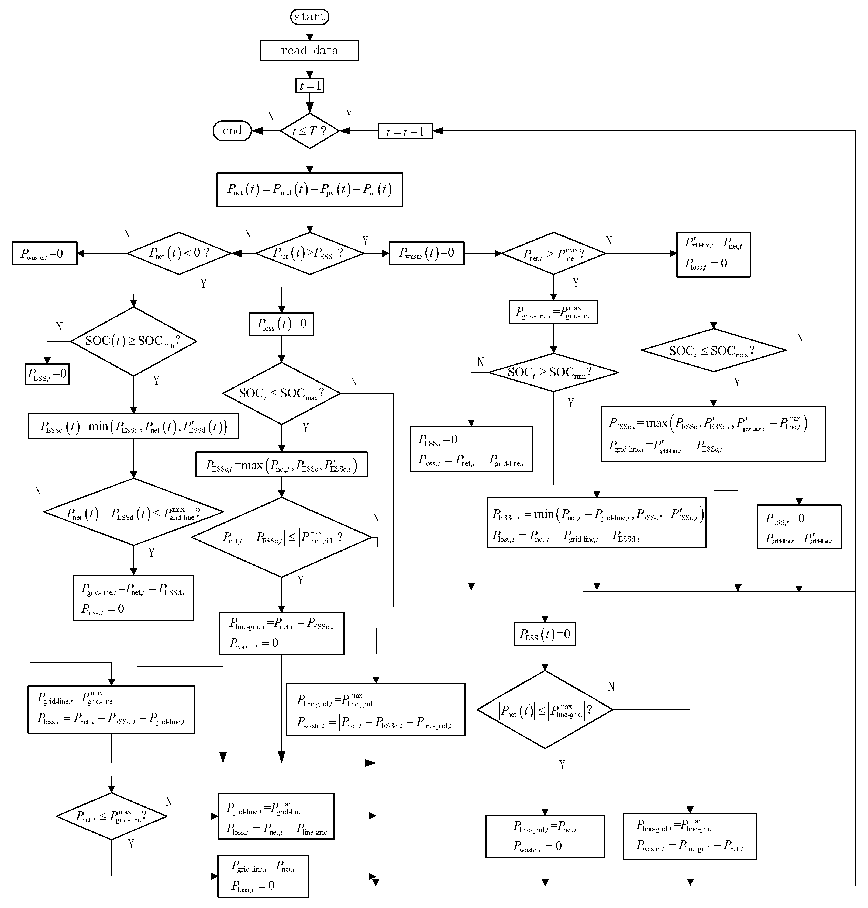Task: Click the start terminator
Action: (309, 17)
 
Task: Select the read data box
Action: (309, 50)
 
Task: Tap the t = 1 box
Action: (309, 86)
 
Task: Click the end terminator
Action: (232, 131)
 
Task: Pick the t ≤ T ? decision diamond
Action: (309, 131)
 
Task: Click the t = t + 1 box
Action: (405, 131)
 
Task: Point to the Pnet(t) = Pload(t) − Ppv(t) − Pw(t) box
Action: (309, 190)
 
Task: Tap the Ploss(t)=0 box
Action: (281, 324)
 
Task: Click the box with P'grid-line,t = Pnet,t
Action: (713, 254)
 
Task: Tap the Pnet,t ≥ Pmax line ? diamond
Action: (553, 254)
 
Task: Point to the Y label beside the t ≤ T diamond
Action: (349, 114)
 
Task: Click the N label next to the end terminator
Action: (271, 116)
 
